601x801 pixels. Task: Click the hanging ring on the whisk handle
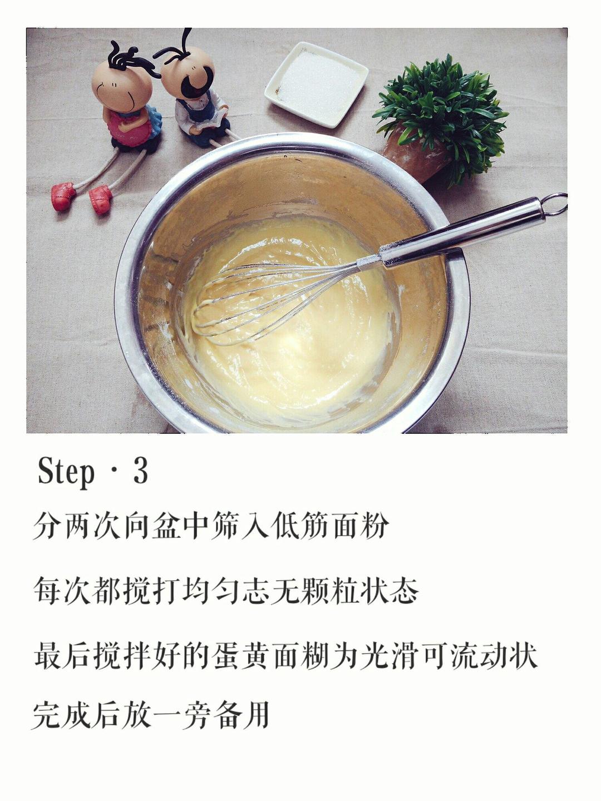(554, 204)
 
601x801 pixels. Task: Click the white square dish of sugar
(316, 83)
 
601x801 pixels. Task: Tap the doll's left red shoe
(63, 196)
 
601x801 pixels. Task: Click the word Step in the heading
(66, 472)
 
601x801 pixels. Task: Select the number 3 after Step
(140, 472)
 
